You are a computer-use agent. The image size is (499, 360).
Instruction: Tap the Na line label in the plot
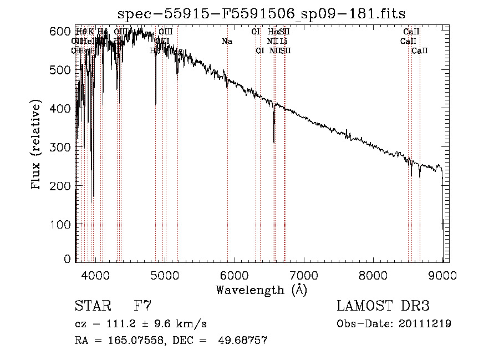coord(227,42)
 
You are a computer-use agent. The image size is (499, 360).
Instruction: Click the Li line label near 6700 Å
coord(283,42)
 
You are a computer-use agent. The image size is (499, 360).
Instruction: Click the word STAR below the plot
coord(92,306)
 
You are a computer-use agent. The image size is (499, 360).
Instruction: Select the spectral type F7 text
coord(142,306)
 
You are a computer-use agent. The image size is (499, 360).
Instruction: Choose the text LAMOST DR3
coord(383,306)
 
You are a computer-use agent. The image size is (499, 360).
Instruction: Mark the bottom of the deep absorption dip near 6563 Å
coord(274,143)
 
